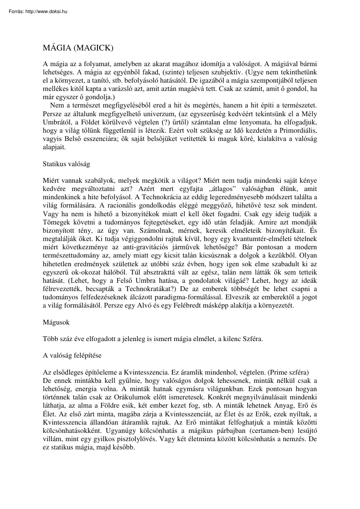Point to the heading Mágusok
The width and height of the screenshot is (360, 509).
pyautogui.click(x=56, y=322)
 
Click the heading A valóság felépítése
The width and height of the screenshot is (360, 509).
pyautogui.click(x=72, y=355)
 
